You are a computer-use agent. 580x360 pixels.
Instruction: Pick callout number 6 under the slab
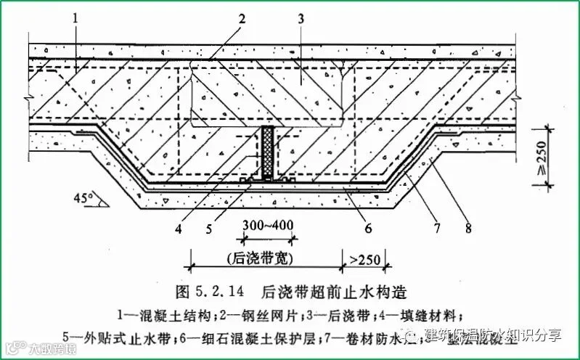[368, 229]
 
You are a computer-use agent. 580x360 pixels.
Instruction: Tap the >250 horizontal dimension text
[362, 258]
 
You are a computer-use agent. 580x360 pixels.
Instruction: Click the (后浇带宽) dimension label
[266, 258]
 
